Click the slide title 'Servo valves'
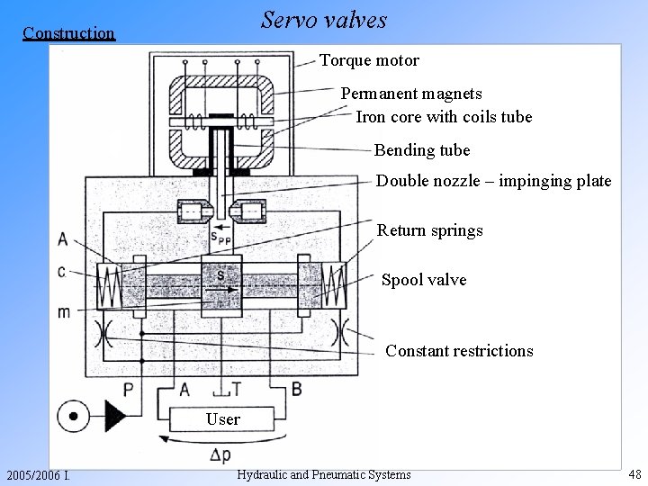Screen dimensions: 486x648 323,20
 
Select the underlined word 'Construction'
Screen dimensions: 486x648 69,33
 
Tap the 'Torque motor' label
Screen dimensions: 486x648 369,61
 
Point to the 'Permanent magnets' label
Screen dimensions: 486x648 410,94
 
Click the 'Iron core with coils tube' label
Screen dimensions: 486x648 444,117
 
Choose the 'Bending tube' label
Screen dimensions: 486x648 421,149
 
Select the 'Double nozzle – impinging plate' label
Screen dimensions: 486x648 493,181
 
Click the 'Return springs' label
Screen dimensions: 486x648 429,230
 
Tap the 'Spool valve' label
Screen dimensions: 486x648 424,280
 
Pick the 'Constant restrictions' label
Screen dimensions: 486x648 459,351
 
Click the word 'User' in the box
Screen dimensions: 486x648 222,419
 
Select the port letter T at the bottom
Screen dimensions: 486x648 237,389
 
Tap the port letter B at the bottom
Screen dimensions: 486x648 296,389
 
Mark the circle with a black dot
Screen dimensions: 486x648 70,417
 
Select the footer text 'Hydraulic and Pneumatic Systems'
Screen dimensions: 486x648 323,475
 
